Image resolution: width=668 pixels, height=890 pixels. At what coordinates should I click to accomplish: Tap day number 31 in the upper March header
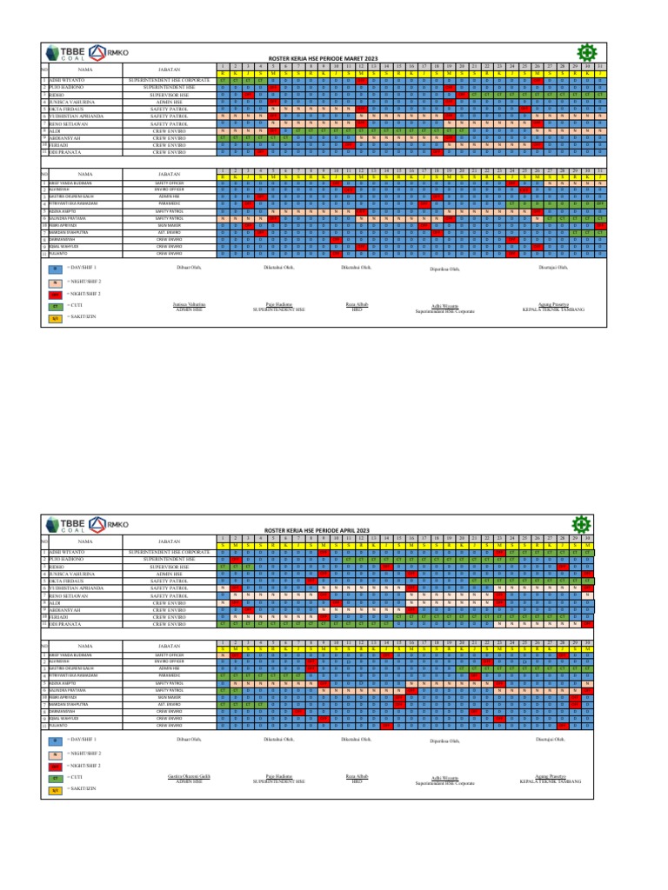pyautogui.click(x=600, y=66)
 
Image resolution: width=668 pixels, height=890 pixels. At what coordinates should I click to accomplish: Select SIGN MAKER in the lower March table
pyautogui.click(x=170, y=225)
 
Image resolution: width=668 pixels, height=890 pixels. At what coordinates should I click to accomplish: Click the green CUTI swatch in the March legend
pyautogui.click(x=54, y=307)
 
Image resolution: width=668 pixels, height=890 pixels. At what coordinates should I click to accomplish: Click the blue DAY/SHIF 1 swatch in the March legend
pyautogui.click(x=54, y=268)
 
